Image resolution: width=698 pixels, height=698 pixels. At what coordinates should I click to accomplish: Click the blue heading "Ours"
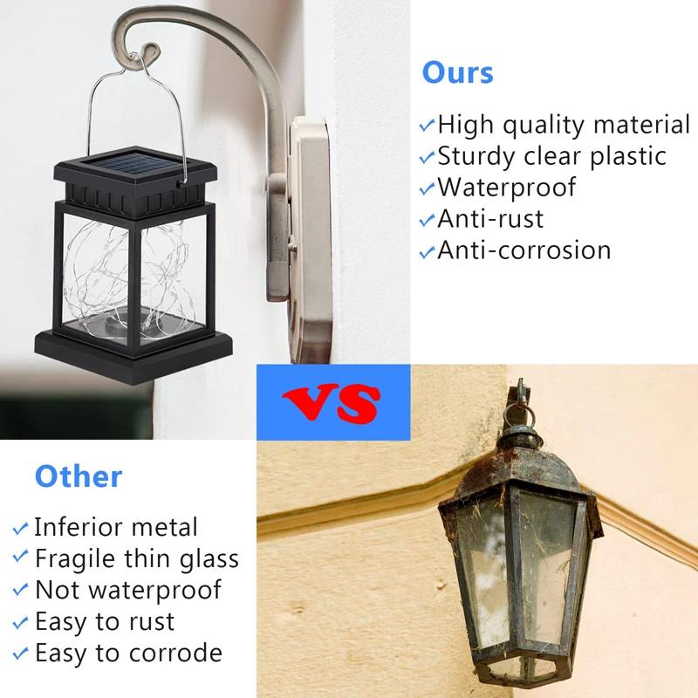click(457, 72)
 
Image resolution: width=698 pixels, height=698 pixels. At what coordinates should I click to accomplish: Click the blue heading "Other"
click(79, 476)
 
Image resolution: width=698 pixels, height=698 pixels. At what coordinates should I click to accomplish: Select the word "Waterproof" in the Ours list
click(506, 188)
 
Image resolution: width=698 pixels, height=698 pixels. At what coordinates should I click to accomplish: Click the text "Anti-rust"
click(489, 218)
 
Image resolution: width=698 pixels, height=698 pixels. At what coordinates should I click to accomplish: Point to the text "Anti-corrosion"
click(523, 250)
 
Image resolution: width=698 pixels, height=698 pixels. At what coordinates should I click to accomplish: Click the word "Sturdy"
click(479, 156)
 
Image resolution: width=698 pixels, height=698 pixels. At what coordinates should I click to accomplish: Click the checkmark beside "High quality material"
click(427, 127)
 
